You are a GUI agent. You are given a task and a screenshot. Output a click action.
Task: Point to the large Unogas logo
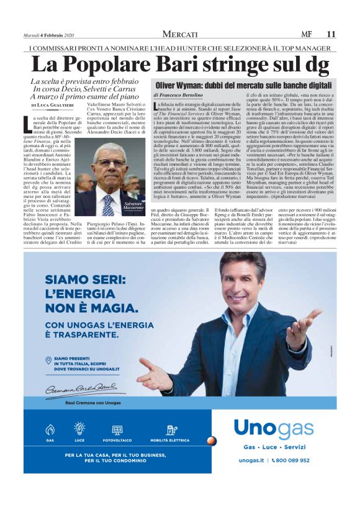point(274,430)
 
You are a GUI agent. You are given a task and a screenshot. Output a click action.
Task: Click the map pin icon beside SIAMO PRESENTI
point(48,361)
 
